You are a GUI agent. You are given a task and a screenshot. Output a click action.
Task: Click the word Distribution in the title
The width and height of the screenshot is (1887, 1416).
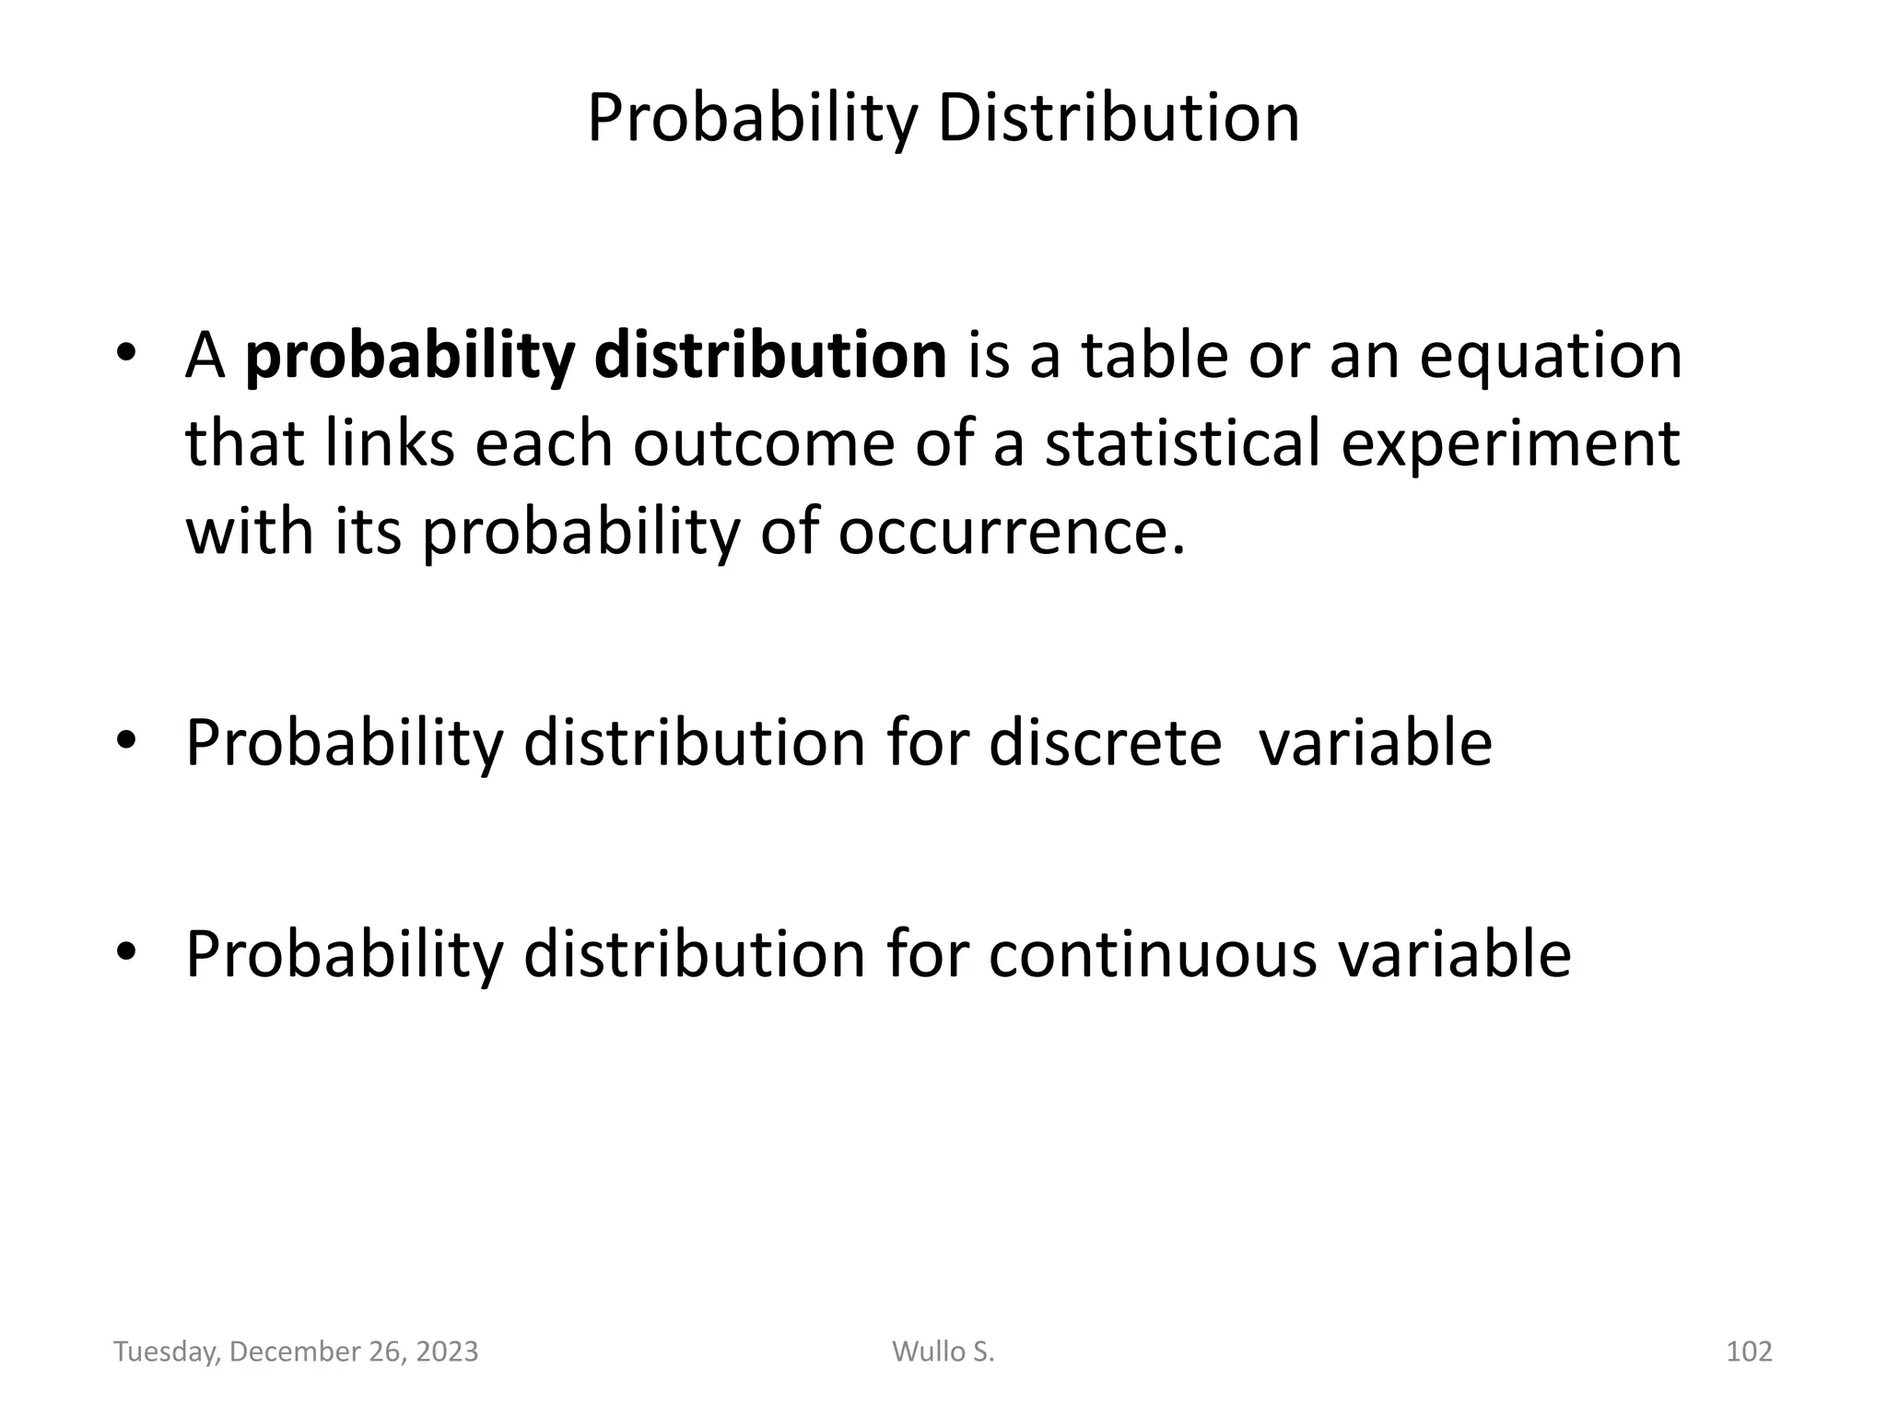[1119, 120]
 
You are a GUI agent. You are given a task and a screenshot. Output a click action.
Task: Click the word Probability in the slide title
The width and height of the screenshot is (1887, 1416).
[752, 120]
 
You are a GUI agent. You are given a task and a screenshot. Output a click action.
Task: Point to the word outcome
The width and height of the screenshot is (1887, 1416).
[763, 443]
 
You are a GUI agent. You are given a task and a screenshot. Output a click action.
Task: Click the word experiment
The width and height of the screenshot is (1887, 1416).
[1510, 443]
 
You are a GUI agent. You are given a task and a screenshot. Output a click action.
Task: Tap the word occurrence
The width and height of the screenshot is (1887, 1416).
[1011, 532]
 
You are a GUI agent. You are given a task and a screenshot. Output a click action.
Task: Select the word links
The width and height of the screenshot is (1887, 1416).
[390, 443]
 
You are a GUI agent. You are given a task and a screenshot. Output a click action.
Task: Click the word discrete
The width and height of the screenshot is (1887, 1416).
[1105, 743]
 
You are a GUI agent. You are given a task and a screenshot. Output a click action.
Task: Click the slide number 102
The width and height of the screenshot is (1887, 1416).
[1748, 1351]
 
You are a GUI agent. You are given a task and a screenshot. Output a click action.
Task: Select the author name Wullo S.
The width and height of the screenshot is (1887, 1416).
[943, 1351]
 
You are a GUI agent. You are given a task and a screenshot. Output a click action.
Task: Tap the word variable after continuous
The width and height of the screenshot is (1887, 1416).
[1454, 954]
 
